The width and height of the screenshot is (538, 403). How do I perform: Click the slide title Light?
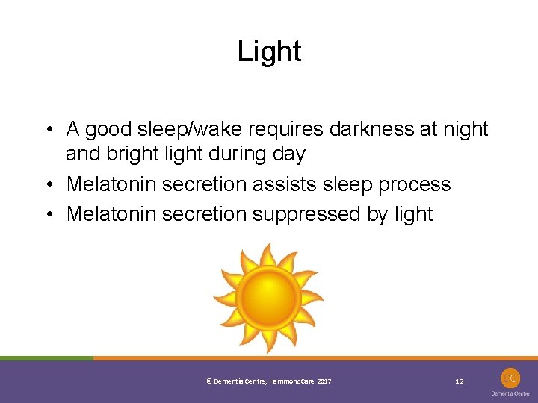click(x=269, y=51)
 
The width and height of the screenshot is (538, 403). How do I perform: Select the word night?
click(x=465, y=129)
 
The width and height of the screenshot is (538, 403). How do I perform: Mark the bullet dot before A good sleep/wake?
click(x=48, y=130)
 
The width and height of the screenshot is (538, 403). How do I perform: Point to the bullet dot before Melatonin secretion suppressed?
click(x=48, y=215)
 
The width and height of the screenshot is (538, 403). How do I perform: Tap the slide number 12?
click(x=460, y=381)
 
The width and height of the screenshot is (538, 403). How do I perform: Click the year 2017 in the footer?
click(x=324, y=381)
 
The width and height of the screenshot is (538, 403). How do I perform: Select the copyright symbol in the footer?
click(x=208, y=381)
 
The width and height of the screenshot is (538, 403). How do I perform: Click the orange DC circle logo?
click(x=510, y=378)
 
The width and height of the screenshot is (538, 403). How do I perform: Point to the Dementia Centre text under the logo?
click(x=510, y=393)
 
